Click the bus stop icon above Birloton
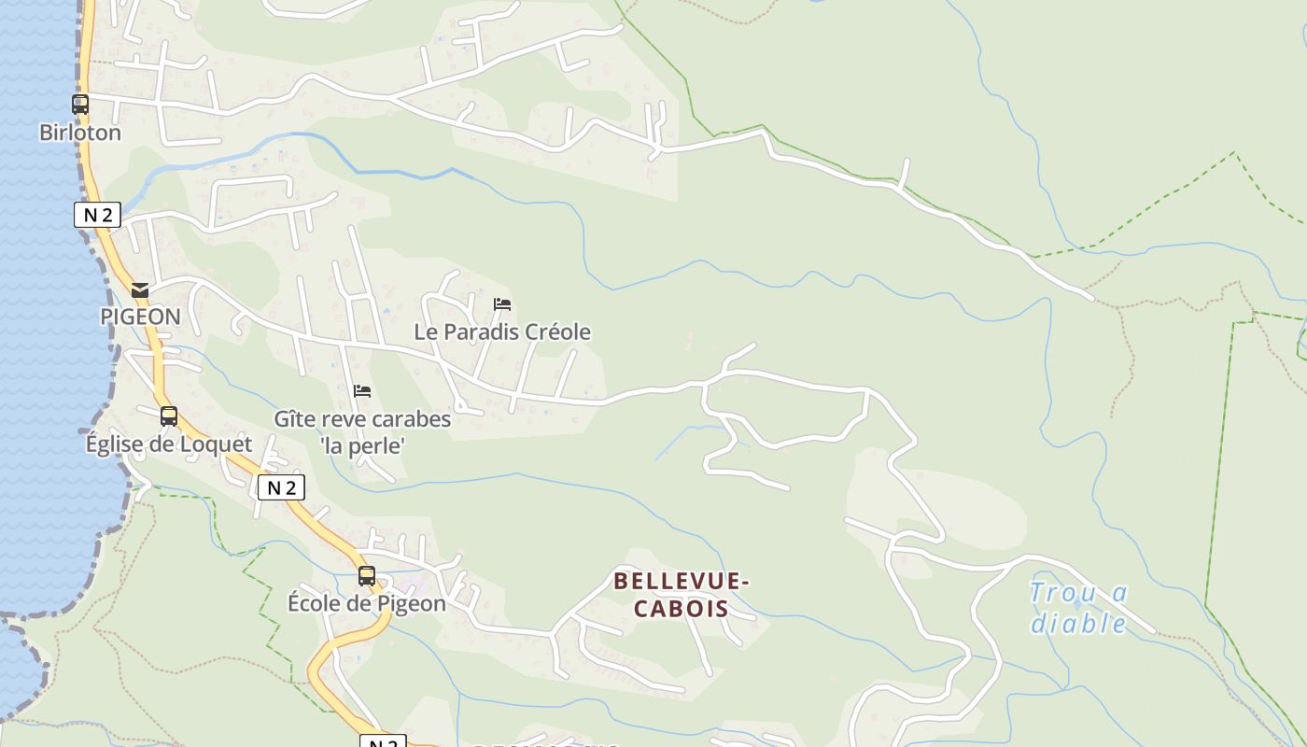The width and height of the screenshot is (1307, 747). click(80, 105)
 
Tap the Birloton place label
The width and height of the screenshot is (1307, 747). click(80, 133)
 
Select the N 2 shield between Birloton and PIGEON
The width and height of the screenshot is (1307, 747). click(97, 215)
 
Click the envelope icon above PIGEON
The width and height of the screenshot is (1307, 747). click(140, 290)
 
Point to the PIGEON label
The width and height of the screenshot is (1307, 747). click(140, 317)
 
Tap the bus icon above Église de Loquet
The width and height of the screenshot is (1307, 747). click(168, 416)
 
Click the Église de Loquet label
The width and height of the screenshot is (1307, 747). click(169, 444)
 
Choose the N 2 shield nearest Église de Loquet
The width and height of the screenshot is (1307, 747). click(281, 487)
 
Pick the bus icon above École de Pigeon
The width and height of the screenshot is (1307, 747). click(367, 576)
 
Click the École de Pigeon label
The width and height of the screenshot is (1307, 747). click(366, 603)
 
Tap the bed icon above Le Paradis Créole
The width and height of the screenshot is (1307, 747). click(502, 304)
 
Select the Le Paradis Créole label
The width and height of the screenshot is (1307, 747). click(502, 331)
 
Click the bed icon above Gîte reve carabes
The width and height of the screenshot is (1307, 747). click(362, 391)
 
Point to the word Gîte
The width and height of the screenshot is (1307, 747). click(293, 419)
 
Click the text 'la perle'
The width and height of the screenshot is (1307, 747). click(362, 446)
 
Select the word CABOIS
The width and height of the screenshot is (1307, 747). click(682, 609)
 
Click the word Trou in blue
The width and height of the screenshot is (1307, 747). click(1060, 593)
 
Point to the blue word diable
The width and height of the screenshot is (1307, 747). click(1078, 623)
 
